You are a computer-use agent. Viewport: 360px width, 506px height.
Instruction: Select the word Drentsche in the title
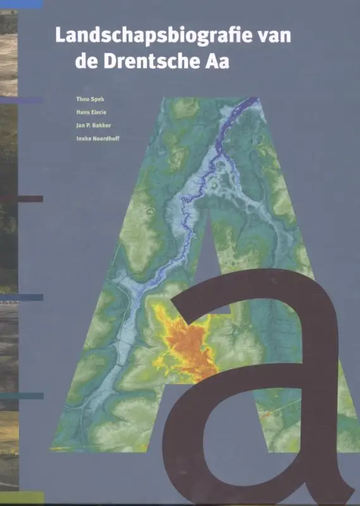pyautogui.click(x=152, y=62)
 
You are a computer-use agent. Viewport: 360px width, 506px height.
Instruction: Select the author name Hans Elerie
pyautogui.click(x=90, y=113)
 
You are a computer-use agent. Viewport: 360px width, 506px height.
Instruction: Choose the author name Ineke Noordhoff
pyautogui.click(x=97, y=139)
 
